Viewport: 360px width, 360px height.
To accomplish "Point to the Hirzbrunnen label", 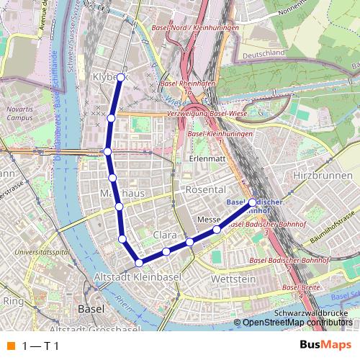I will pos(314,175).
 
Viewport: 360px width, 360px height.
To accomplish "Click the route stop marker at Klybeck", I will pos(121,77).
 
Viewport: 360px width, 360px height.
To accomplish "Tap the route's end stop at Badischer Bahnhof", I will pos(253,202).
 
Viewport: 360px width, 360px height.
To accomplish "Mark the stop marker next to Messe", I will pos(217,230).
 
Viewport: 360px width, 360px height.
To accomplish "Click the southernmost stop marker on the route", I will pos(139,263).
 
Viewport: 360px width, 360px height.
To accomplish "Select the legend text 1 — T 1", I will pos(40,346).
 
